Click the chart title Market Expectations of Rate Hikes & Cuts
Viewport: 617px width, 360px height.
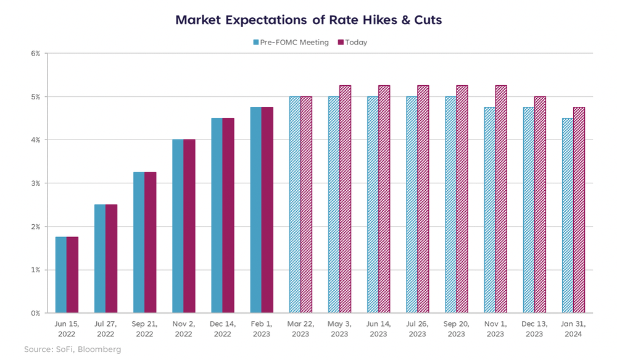[308, 20]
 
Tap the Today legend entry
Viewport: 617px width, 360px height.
[356, 43]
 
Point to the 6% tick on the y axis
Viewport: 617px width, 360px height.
[35, 54]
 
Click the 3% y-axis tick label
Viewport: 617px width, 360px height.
[35, 183]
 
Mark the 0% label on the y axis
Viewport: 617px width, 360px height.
[35, 313]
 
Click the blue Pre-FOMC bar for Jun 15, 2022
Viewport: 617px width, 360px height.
[60, 275]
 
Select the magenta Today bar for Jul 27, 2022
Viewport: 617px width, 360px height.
[111, 259]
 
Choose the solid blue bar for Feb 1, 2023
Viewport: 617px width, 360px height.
[255, 210]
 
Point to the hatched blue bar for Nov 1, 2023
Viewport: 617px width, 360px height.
[489, 210]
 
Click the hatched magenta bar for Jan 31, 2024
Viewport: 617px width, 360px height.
[579, 210]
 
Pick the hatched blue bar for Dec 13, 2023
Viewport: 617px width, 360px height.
[528, 210]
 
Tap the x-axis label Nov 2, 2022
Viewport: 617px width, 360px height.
[183, 329]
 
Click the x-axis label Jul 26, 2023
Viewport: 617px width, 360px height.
[417, 329]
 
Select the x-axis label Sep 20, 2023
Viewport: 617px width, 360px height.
[456, 329]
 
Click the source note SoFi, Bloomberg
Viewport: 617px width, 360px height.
[73, 350]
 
